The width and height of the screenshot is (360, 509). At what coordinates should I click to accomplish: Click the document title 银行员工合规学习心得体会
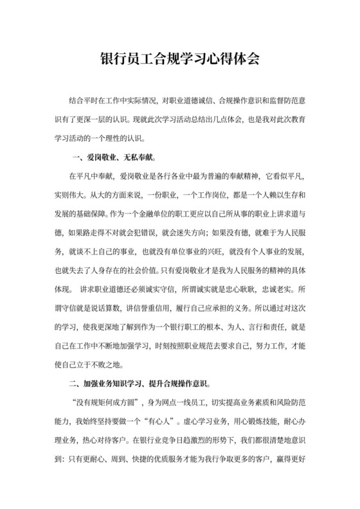(x=179, y=59)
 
